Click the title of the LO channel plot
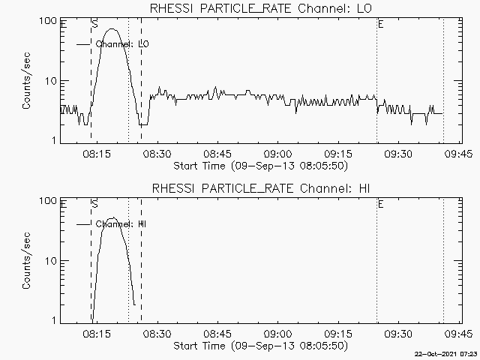(261, 8)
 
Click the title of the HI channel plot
(261, 188)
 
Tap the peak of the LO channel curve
(112, 29)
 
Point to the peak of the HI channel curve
(113, 217)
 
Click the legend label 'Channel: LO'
(122, 44)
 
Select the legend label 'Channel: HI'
(121, 224)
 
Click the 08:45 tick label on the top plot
(217, 154)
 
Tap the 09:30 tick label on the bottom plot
(398, 334)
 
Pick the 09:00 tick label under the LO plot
(278, 154)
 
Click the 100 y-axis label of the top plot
(48, 21)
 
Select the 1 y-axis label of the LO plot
(54, 140)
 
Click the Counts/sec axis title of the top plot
(26, 81)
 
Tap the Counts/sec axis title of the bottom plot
(26, 260)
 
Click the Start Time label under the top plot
(261, 166)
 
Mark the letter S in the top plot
(95, 24)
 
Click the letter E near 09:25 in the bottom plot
(380, 204)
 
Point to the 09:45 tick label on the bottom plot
(458, 334)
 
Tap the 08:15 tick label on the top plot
(97, 154)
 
